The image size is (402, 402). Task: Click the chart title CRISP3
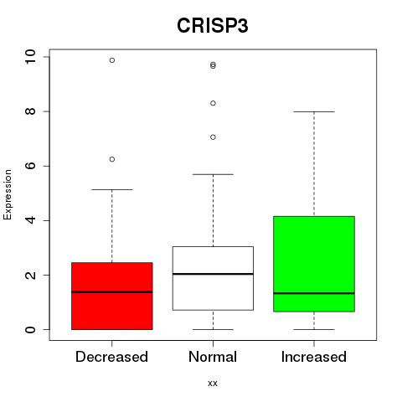tap(213, 26)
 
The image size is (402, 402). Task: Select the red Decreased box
tap(112, 296)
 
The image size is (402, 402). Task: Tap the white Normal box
tap(213, 278)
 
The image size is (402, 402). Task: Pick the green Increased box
tap(314, 264)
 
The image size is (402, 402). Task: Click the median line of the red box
tap(112, 292)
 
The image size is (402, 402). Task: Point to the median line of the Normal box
tap(213, 274)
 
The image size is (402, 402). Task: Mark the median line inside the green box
tap(314, 293)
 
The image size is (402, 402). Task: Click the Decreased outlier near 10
tap(112, 60)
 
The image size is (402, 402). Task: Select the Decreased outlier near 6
tap(112, 159)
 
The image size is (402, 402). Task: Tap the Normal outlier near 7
tap(213, 137)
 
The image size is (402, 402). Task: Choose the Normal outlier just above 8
tap(213, 103)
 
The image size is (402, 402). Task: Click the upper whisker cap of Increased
tap(314, 111)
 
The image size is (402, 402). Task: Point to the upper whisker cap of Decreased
tap(112, 189)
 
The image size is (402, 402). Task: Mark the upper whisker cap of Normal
tap(213, 174)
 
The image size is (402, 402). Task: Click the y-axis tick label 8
tap(30, 111)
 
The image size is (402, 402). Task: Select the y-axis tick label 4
tap(30, 220)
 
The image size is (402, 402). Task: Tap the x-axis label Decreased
tap(111, 357)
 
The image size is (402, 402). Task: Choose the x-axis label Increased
tap(314, 357)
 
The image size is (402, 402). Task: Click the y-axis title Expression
tap(8, 194)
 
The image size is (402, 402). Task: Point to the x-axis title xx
tap(213, 384)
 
